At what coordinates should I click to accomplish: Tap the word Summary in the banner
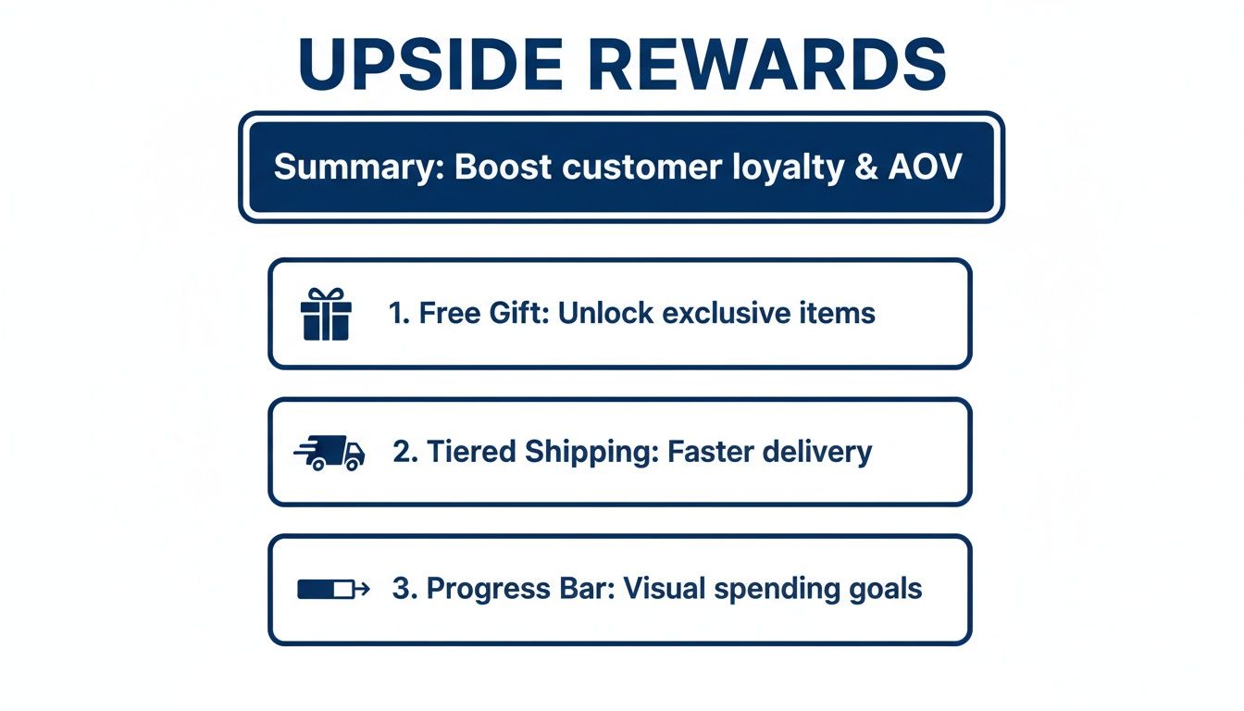355,167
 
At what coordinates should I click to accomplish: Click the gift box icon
326,314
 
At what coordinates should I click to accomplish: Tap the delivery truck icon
330,453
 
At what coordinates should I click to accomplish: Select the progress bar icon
332,589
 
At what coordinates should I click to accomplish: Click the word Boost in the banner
503,167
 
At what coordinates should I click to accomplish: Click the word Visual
666,589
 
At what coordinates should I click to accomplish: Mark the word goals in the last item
884,590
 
